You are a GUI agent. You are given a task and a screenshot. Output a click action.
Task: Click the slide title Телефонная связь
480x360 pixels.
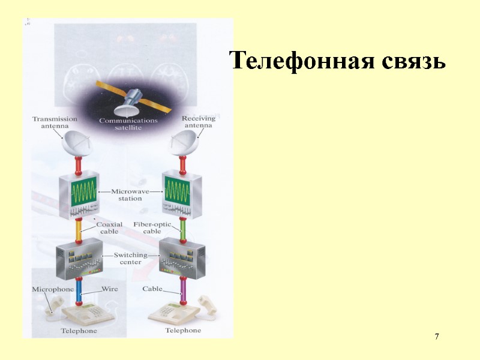pos(338,62)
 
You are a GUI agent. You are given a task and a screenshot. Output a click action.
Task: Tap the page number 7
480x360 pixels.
pos(437,336)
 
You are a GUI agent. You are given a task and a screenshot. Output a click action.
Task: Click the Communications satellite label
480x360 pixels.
pos(128,124)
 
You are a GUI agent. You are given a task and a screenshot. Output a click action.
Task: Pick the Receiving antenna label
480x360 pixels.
pos(198,122)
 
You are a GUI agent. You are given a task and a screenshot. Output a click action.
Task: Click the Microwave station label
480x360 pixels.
pos(130,194)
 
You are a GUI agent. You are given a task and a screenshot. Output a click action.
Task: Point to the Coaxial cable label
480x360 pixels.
pos(109,228)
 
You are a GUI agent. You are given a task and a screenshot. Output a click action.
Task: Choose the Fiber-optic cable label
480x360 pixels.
pos(152,228)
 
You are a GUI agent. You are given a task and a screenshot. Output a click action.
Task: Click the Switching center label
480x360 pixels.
pos(130,259)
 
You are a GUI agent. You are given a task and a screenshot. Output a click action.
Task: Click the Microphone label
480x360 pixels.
pos(53,289)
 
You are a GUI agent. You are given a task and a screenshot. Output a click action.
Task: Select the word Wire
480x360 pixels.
pos(109,289)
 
